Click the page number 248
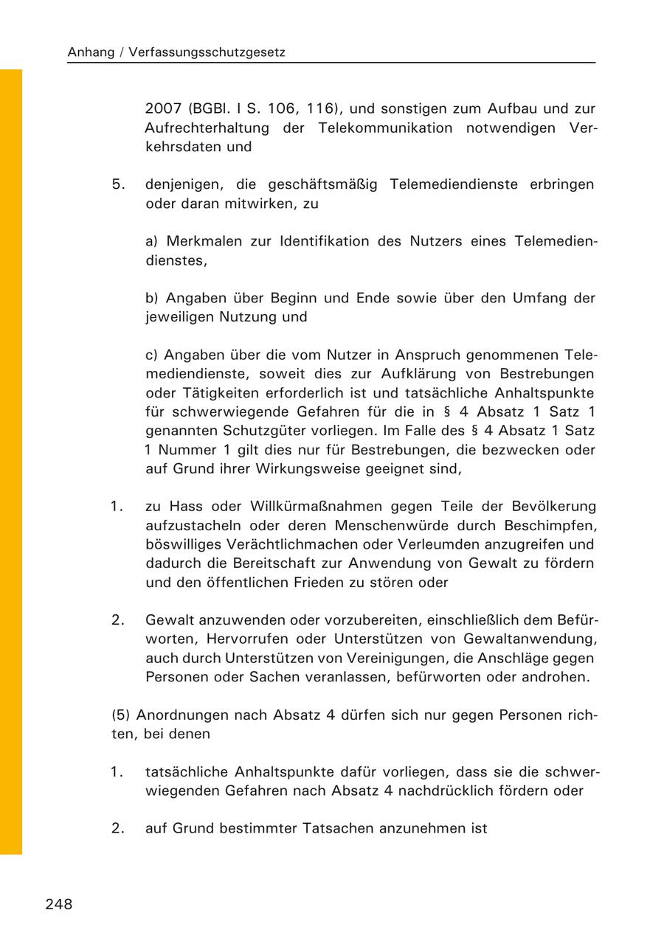[x=59, y=904]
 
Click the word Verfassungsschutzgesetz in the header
[x=207, y=52]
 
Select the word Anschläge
[x=525, y=657]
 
